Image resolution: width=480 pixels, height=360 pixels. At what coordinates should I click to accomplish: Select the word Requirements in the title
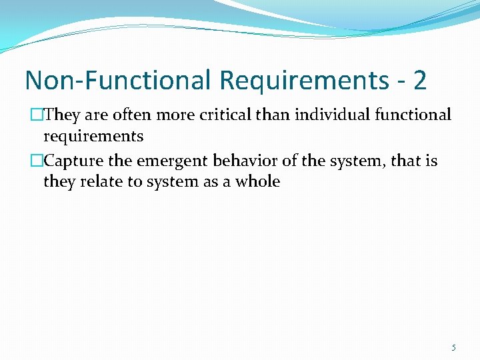309,80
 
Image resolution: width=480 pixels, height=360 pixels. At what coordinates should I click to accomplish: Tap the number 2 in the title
419,80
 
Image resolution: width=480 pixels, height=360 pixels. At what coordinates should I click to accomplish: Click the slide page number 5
453,347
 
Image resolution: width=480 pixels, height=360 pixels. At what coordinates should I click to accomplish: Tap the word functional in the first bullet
413,115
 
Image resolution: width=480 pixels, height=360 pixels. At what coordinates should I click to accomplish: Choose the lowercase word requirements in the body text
93,137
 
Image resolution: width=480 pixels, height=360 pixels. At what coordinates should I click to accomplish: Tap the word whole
257,181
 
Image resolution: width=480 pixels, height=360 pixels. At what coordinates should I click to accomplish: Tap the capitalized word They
62,115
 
